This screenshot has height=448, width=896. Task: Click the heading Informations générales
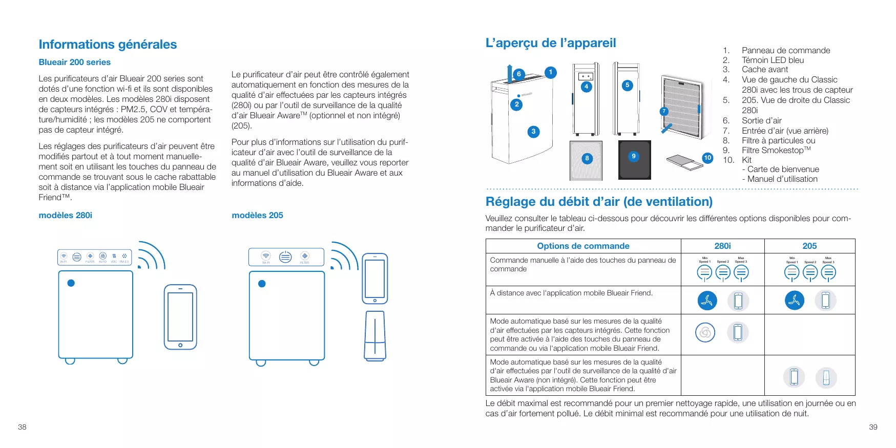(108, 45)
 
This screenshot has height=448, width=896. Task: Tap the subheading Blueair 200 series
(74, 62)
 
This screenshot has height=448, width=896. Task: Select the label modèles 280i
(65, 215)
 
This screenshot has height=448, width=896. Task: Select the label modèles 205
(257, 215)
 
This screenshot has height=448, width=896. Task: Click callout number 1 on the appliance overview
(550, 72)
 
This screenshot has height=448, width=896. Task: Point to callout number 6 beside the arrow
(518, 74)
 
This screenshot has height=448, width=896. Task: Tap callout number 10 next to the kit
(707, 158)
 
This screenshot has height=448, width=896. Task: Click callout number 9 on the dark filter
(634, 156)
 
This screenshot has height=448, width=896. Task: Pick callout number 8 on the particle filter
(587, 158)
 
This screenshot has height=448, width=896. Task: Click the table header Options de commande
(583, 246)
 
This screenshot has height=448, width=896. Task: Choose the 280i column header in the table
(722, 246)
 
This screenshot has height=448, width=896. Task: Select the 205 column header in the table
(809, 246)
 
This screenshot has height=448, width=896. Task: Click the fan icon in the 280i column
(707, 301)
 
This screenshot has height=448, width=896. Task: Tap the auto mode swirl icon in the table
(705, 332)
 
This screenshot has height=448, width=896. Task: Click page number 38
(22, 427)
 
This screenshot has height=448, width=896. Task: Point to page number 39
(873, 427)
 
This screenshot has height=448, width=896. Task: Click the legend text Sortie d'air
(761, 120)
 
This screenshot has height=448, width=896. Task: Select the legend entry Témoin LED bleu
(773, 60)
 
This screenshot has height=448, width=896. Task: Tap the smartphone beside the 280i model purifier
(180, 317)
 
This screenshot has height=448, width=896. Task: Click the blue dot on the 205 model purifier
(262, 284)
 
